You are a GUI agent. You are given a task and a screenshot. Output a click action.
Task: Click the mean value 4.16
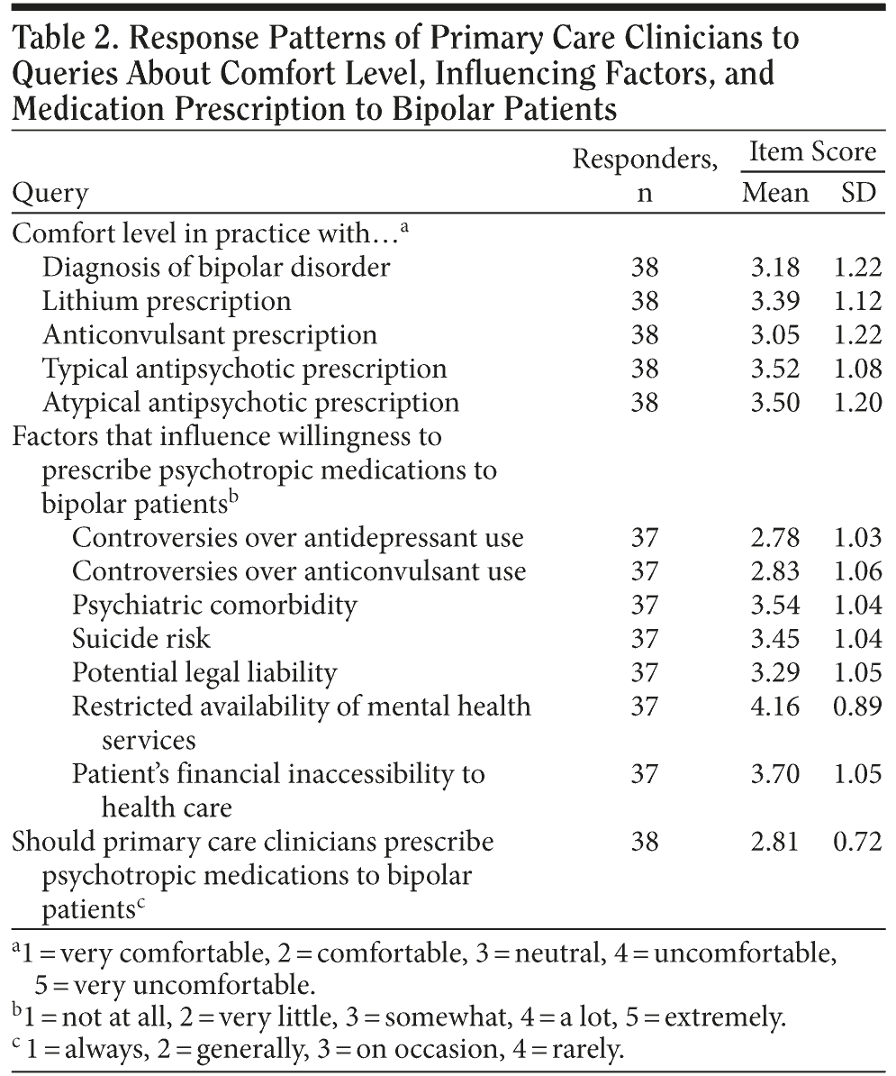[774, 706]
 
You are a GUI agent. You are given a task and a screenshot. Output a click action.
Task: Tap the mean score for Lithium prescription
[774, 301]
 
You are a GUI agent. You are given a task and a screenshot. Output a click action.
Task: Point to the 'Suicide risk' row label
[140, 639]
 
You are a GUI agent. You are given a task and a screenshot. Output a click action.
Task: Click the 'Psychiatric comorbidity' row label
[214, 605]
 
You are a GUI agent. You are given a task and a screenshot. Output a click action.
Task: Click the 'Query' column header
[50, 193]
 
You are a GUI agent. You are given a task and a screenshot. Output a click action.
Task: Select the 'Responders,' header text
[645, 160]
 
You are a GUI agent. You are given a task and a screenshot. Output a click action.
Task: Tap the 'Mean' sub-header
[775, 193]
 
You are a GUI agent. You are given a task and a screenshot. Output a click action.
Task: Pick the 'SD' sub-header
[857, 193]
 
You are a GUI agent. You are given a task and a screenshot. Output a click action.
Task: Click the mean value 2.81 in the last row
[774, 842]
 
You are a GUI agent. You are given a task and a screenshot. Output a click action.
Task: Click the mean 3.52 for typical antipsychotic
[774, 369]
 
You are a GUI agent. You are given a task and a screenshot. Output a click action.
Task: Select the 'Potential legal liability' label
[204, 672]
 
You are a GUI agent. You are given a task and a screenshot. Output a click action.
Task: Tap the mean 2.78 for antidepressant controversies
[774, 538]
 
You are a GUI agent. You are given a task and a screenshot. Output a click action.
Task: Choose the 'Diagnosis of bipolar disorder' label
[216, 268]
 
